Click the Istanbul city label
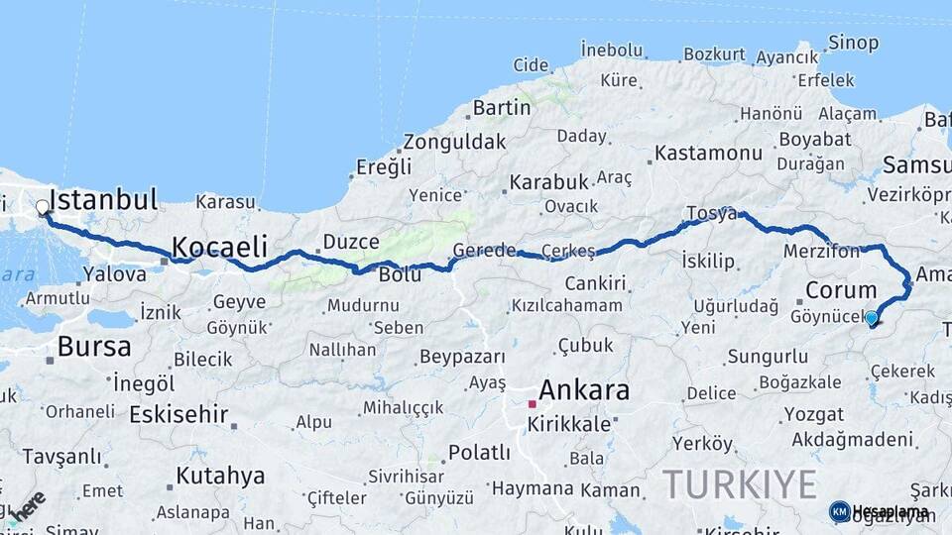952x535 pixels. coord(103,200)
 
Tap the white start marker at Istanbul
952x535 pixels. coord(43,208)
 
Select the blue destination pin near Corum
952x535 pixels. coord(872,318)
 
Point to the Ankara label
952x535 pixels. coord(584,390)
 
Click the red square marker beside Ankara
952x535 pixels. coord(533,404)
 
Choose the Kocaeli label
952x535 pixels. coord(220,246)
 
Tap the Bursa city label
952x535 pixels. coord(94,347)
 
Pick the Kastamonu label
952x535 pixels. coord(708,154)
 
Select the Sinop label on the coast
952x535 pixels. coord(853,43)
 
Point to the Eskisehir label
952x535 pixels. coord(179,415)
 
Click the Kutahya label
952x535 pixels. coord(220,476)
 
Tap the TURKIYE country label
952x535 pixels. coord(740,484)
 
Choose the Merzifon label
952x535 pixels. coord(821,252)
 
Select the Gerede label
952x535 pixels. coord(485,251)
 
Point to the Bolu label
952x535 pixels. coord(401,274)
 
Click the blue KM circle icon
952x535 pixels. coord(839,511)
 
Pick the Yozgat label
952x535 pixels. coord(814,414)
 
